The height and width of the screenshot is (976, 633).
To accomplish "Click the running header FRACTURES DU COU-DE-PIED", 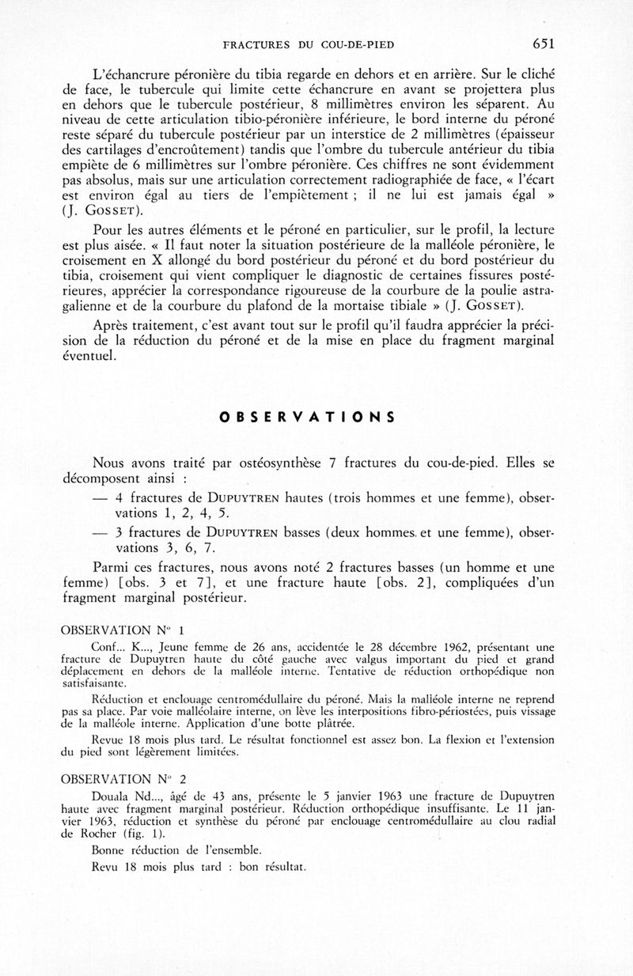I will [x=309, y=45].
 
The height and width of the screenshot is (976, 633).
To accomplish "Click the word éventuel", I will [x=92, y=357].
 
